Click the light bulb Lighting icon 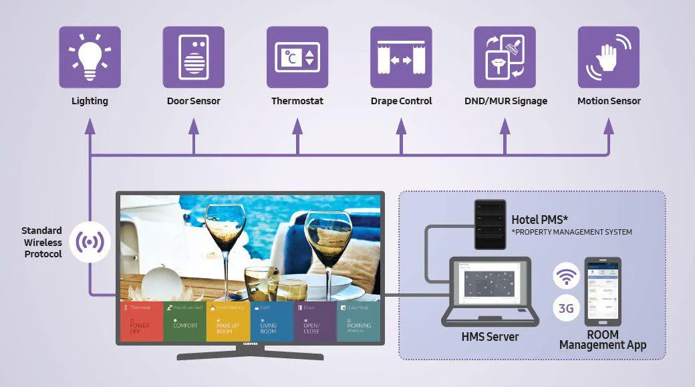pos(90,57)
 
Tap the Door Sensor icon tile pos(193,57)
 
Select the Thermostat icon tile pos(297,57)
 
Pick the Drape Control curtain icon pos(401,57)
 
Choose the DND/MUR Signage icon pos(505,57)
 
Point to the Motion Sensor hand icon pos(608,57)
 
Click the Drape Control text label pos(401,101)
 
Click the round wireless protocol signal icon pos(90,242)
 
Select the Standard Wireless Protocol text pos(43,242)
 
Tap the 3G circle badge pos(566,309)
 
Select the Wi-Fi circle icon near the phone pos(566,275)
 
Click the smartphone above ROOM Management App pos(603,291)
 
